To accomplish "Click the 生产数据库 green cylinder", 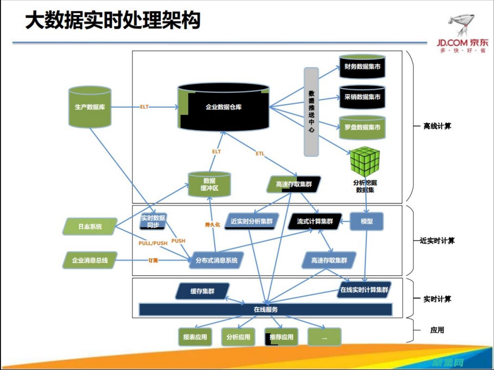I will [90, 107].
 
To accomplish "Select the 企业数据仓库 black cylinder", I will [223, 107].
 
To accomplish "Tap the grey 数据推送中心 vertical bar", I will [311, 111].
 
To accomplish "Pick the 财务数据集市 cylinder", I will [362, 67].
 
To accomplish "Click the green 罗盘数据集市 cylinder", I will [362, 127].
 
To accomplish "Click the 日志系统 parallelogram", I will [90, 226].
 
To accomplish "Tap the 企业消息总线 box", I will [90, 260].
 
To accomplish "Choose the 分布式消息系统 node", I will [216, 260].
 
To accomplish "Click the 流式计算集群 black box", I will [315, 221].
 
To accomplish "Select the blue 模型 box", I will [366, 221].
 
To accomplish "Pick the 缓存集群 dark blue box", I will [202, 291].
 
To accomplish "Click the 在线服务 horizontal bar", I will [266, 309].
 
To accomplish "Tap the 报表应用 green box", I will [195, 337].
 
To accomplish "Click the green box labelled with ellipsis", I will [325, 337].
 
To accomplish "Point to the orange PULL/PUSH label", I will [153, 243].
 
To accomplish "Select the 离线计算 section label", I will [437, 126].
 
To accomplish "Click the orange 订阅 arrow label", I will [153, 260].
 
